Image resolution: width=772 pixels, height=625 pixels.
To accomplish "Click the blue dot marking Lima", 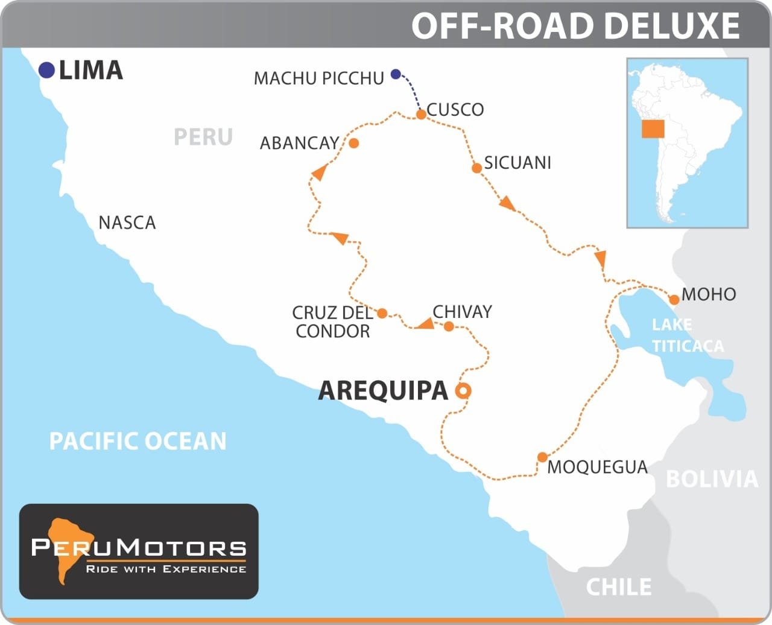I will click(x=46, y=71).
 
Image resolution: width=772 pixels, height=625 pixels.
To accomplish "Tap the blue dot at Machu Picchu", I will click(x=396, y=74).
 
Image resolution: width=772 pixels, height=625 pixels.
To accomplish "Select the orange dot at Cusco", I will click(x=422, y=114).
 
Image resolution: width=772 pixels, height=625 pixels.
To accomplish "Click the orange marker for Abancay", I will click(x=354, y=143).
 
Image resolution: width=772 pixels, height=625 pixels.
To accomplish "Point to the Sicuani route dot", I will click(x=476, y=168).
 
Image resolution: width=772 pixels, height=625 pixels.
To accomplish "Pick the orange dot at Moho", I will click(x=674, y=300).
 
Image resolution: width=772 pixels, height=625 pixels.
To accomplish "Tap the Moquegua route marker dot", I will click(x=542, y=457).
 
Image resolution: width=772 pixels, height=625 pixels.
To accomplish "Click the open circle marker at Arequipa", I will click(x=463, y=391).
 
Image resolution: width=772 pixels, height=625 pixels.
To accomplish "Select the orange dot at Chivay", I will click(x=449, y=327).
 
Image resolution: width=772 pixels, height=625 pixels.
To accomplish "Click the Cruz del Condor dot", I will click(x=382, y=314).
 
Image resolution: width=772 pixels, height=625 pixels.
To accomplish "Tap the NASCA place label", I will click(x=127, y=223).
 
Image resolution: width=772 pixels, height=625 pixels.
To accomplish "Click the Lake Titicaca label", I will click(x=687, y=335).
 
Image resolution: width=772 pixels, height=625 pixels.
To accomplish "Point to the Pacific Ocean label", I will click(x=138, y=441).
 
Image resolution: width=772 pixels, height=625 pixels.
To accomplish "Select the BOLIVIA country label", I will click(x=712, y=479).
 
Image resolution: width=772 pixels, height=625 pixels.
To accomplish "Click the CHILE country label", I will click(x=619, y=586).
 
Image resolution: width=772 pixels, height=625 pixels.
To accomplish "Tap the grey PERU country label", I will click(x=203, y=137).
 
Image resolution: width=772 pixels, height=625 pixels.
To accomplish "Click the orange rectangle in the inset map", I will click(x=653, y=129).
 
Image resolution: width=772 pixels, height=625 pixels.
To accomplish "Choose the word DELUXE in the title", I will click(x=671, y=26).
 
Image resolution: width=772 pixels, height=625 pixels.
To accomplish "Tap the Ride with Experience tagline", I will click(x=166, y=569).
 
